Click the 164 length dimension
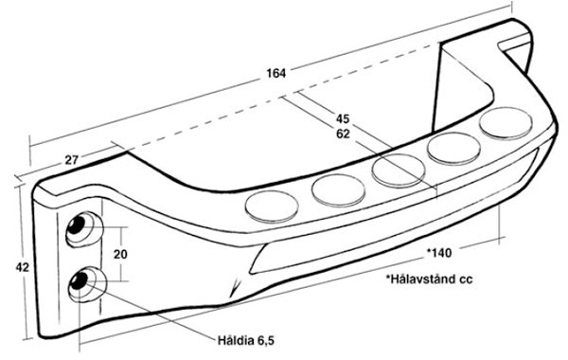276,73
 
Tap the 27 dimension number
72,159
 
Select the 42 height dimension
22,267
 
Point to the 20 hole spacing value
120,255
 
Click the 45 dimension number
343,119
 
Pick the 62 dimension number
343,135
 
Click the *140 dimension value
439,252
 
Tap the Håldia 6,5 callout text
246,341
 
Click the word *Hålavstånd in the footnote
419,279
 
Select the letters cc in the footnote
466,279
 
